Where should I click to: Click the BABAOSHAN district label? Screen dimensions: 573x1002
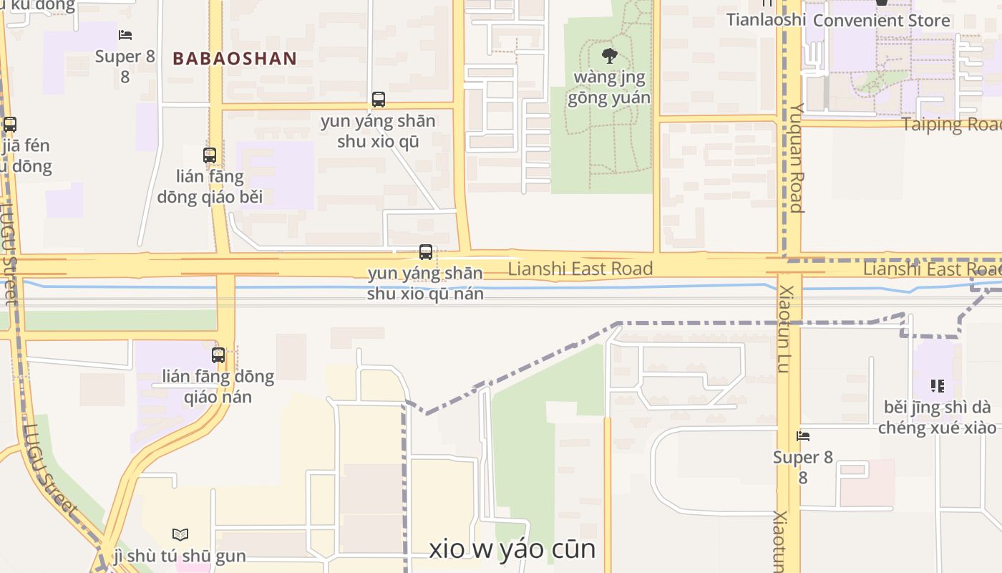(x=235, y=59)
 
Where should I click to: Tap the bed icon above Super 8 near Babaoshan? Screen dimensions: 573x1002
(x=126, y=34)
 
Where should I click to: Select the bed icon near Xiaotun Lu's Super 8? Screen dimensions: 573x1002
(x=803, y=435)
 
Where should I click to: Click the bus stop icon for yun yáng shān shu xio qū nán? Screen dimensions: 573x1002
(x=426, y=252)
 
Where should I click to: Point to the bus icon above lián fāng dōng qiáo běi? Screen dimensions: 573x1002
(x=210, y=155)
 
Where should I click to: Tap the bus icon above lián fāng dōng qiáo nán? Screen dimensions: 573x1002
(x=218, y=355)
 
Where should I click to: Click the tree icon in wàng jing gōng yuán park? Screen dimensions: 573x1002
(x=609, y=55)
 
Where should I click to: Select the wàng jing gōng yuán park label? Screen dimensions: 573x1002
(x=609, y=87)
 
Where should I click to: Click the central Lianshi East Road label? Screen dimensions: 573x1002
(x=580, y=269)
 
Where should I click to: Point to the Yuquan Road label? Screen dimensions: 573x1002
(x=796, y=158)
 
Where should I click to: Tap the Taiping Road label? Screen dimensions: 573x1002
(x=951, y=125)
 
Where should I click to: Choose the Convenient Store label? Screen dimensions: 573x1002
(x=881, y=20)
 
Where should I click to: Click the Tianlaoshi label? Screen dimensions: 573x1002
(x=766, y=19)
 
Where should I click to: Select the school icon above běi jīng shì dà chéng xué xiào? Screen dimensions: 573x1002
(x=938, y=386)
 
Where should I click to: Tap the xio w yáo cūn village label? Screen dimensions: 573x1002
(x=512, y=549)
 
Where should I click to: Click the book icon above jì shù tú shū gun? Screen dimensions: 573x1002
(x=180, y=534)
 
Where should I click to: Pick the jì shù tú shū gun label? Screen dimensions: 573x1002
(x=180, y=555)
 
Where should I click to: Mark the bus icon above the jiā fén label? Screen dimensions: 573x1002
(x=10, y=125)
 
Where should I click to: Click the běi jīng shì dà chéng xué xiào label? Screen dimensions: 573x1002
(x=937, y=418)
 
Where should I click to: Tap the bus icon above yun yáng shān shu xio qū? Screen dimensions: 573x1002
(x=378, y=100)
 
